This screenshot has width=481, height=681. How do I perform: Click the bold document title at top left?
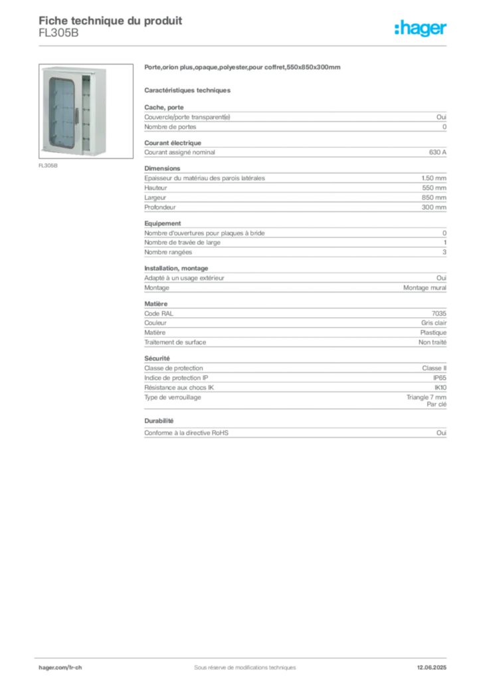[110, 19]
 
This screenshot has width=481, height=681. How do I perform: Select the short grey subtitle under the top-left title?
[58, 37]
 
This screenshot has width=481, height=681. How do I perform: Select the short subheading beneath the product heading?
[188, 89]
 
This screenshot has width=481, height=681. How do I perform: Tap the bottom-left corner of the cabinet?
[43, 154]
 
